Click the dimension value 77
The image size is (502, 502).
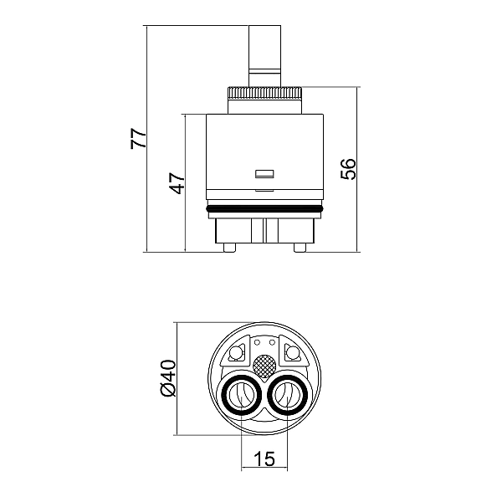click(x=139, y=138)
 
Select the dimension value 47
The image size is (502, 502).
click(x=177, y=183)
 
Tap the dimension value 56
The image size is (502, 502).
click(x=348, y=169)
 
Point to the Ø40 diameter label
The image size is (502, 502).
click(x=168, y=378)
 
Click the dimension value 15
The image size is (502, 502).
click(x=264, y=458)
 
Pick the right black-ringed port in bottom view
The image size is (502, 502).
click(x=288, y=395)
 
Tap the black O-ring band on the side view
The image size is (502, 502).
click(x=264, y=209)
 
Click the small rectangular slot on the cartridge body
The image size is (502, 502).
click(x=264, y=174)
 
